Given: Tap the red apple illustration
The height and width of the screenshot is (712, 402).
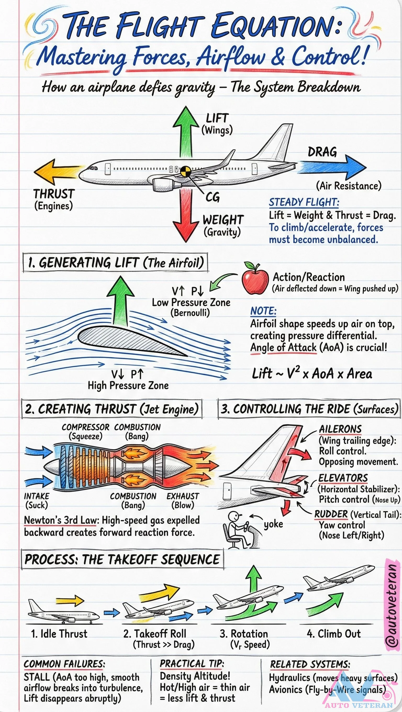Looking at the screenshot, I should (x=255, y=279).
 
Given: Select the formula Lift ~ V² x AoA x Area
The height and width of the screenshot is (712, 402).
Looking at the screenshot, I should (x=312, y=374).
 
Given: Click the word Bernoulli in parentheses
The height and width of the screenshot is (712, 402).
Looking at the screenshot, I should (x=190, y=313).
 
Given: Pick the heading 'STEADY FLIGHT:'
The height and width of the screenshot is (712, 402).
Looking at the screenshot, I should (x=304, y=202).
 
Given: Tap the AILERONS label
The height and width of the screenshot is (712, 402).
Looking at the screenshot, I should (x=340, y=429).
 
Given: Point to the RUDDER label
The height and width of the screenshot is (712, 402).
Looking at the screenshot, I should (x=331, y=514).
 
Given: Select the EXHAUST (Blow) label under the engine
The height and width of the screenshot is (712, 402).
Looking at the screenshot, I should (x=183, y=500).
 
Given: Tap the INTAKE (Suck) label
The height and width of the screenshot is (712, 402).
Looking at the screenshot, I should (x=37, y=500).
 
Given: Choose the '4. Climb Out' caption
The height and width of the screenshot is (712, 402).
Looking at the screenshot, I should (x=334, y=634).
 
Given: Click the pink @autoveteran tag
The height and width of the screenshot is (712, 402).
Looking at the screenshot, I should (x=392, y=602).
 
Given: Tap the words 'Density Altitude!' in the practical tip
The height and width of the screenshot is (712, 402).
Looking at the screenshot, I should (x=195, y=676).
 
